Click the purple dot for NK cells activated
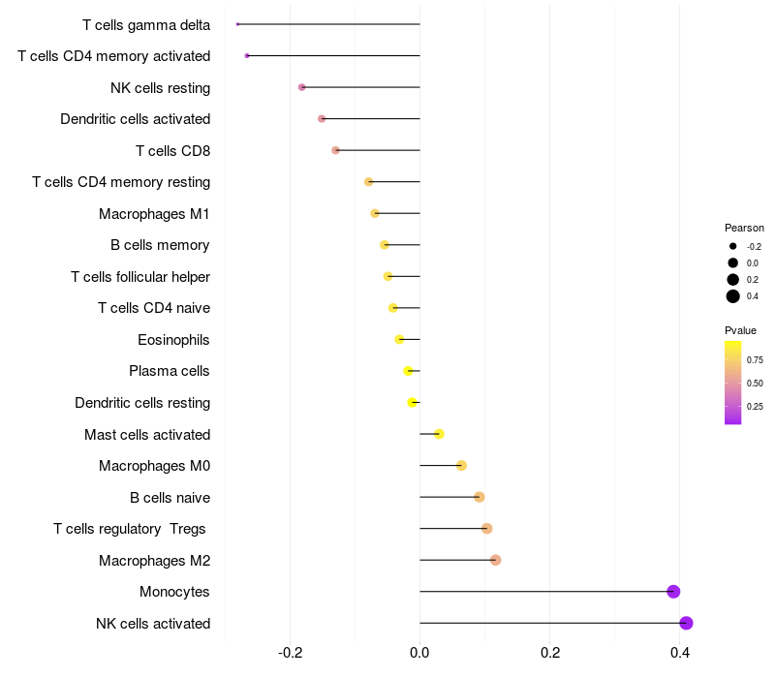687,623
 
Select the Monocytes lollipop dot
673,592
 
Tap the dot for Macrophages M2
496,560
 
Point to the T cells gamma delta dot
237,24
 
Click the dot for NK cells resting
302,87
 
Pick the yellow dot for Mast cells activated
439,434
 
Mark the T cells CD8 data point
335,150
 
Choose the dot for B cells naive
480,497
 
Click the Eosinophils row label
174,340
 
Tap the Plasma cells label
170,371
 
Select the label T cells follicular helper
140,277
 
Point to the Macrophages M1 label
155,213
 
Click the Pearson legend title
744,228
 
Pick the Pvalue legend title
740,330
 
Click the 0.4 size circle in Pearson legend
733,296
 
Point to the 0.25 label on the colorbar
755,406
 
